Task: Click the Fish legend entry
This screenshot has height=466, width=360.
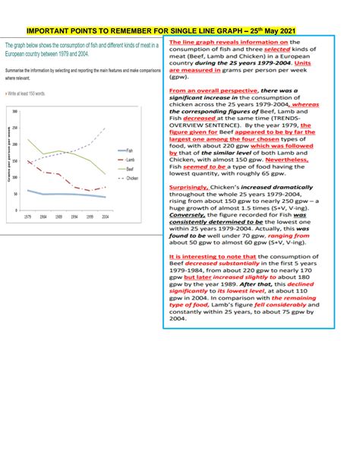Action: [130, 152]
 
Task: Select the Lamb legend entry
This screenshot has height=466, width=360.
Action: [130, 160]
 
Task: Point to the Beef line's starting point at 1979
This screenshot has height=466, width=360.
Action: [28, 138]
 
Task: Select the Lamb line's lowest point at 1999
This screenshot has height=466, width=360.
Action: [89, 191]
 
